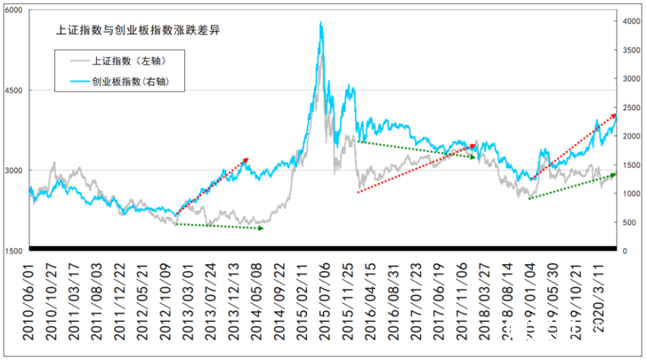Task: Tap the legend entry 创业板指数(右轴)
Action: click(x=130, y=81)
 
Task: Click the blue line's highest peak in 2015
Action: click(x=321, y=23)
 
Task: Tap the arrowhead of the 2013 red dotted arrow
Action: click(x=247, y=159)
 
